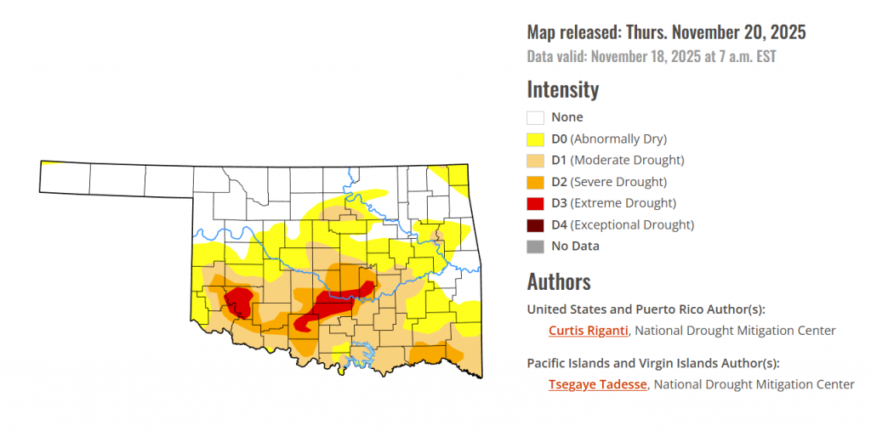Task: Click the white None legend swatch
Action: pos(535,118)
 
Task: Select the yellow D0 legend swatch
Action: pos(535,139)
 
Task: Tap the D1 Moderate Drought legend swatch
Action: pos(535,161)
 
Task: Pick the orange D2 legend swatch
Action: pos(535,182)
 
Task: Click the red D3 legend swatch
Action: pos(535,204)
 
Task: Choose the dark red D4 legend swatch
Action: pos(535,225)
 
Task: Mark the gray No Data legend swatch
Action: pos(535,247)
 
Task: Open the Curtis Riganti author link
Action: pos(588,331)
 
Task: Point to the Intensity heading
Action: pos(563,89)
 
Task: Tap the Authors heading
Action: pos(559,281)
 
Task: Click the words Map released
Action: pos(574,33)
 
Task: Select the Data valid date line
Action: pos(652,58)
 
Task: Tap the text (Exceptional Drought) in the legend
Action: pos(632,225)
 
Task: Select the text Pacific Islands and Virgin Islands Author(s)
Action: pos(653,363)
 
